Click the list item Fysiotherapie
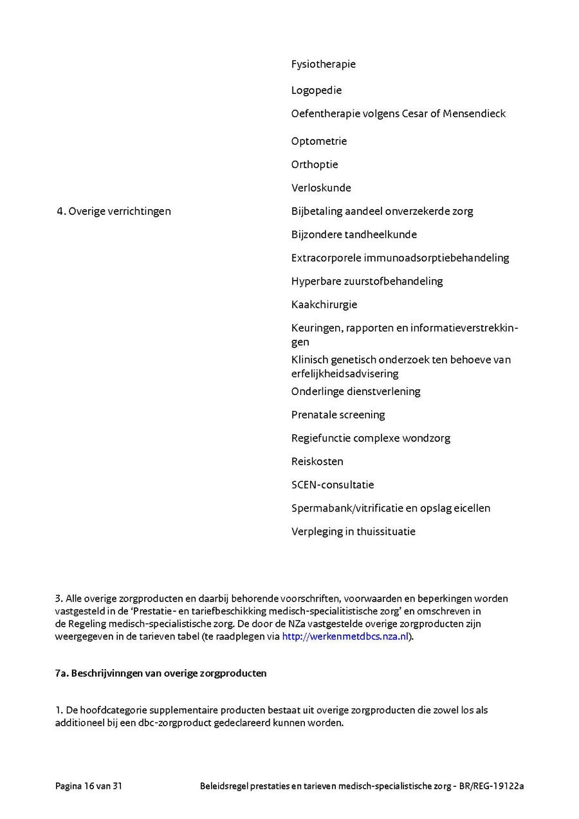323,64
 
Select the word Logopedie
316,90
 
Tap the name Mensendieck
474,114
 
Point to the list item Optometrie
318,142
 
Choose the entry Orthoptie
314,165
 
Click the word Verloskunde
321,188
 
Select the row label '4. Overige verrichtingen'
113,211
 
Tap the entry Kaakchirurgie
324,304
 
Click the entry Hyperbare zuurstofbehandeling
367,281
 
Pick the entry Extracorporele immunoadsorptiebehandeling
400,258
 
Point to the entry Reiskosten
317,461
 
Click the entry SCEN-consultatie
332,484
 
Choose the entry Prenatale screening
338,415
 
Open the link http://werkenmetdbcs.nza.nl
345,637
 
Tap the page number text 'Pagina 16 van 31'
89,786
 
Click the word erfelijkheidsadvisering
345,374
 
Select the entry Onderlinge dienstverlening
355,391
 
